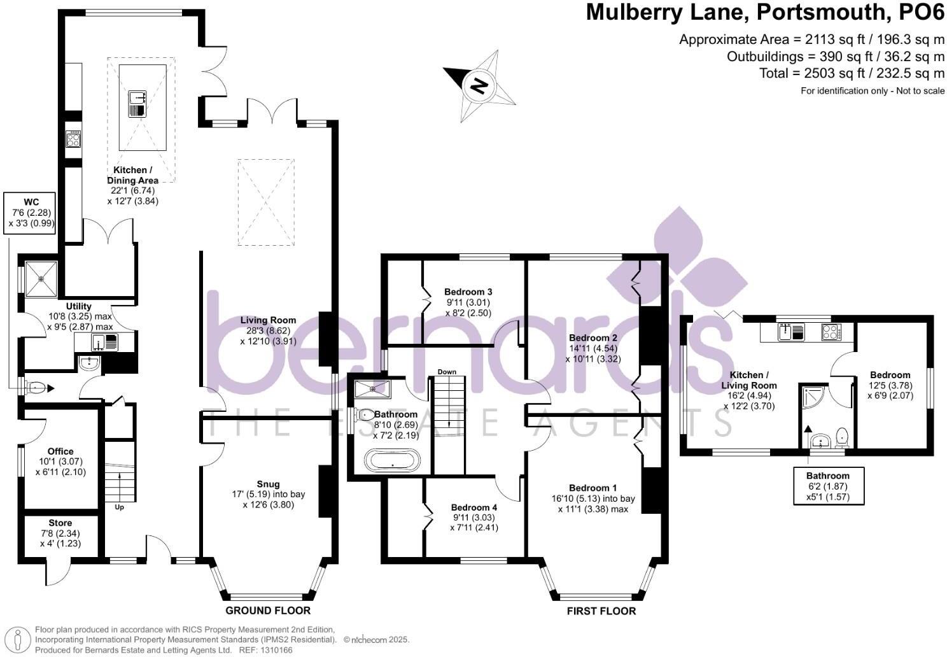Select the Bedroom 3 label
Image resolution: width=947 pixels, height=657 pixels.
pos(468,292)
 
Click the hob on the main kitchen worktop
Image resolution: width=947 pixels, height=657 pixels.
pos(73,139)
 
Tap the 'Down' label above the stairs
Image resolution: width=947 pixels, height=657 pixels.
pos(447,372)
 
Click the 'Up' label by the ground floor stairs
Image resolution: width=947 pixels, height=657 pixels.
pos(119,507)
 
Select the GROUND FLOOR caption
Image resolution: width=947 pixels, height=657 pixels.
pos(268,611)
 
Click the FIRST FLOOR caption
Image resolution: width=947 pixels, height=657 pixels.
pos(601,611)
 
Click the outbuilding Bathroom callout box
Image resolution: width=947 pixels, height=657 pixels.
pos(827,486)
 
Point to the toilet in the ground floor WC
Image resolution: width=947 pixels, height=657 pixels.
pos(37,387)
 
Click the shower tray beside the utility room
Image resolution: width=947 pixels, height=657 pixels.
pos(41,278)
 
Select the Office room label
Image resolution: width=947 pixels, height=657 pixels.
pos(60,451)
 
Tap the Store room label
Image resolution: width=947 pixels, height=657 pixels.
pos(60,523)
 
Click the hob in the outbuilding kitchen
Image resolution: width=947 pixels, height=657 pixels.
pos(831,332)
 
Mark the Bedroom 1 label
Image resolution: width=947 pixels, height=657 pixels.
pos(593,488)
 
